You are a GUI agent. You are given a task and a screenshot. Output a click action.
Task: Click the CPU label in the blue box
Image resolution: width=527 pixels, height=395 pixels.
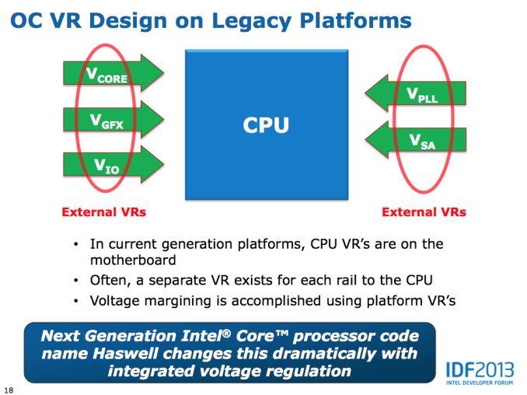267,124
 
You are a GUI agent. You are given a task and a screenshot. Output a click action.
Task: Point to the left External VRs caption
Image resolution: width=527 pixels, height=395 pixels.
104,211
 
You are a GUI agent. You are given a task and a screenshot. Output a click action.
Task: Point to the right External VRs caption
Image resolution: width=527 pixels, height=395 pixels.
424,211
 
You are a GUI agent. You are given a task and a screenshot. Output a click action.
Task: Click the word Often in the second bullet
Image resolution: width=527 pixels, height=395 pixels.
112,280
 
